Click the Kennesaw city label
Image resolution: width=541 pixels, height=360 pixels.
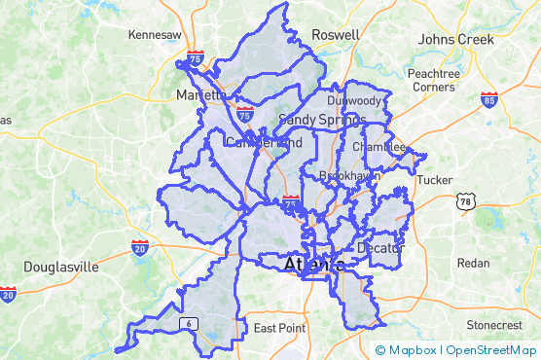pyautogui.click(x=155, y=35)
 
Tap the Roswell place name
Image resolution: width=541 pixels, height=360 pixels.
pyautogui.click(x=335, y=35)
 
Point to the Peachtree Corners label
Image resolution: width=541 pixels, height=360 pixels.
pyautogui.click(x=433, y=80)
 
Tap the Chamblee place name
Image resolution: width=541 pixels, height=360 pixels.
pyautogui.click(x=379, y=147)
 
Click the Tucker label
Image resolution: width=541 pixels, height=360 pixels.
pyautogui.click(x=434, y=180)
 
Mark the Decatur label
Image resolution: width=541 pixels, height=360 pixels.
pyautogui.click(x=379, y=248)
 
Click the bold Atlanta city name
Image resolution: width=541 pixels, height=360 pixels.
pyautogui.click(x=313, y=265)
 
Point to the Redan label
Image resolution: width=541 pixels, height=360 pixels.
pyautogui.click(x=473, y=264)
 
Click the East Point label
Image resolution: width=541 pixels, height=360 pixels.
pyautogui.click(x=279, y=329)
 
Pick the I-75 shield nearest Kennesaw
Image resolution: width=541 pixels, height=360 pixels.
pyautogui.click(x=197, y=59)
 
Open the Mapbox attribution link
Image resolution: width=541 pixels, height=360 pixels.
pyautogui.click(x=407, y=349)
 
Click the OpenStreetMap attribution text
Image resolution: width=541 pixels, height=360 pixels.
pyautogui.click(x=490, y=349)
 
